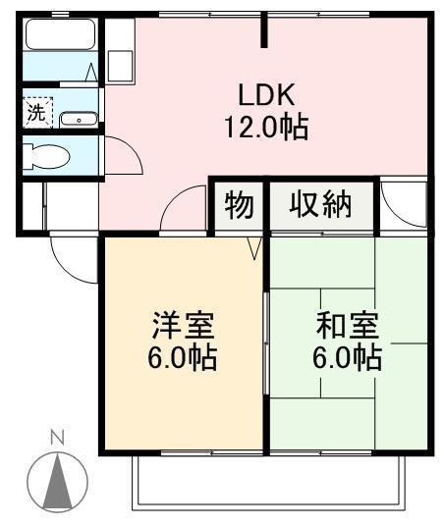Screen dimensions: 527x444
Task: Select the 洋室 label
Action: click(183, 323)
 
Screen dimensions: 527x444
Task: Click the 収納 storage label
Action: click(320, 206)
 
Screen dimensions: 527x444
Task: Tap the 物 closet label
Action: click(239, 206)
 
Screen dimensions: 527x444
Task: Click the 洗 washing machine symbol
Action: click(36, 112)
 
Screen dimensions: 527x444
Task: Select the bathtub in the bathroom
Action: click(57, 35)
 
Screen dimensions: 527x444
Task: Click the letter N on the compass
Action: click(57, 437)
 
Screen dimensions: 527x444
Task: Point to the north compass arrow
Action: click(57, 481)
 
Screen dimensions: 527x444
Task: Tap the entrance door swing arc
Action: click(74, 257)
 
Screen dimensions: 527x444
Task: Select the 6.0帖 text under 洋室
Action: click(183, 356)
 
